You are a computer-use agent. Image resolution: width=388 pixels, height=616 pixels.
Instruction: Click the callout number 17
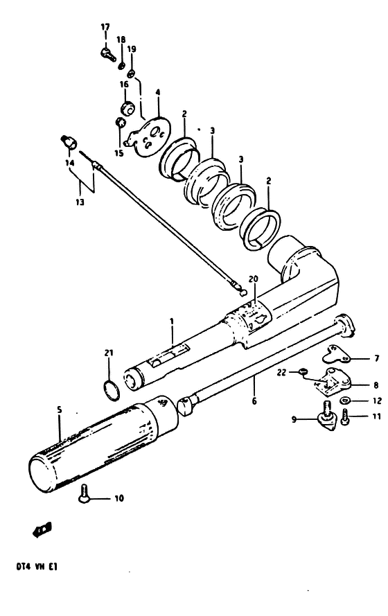click(105, 27)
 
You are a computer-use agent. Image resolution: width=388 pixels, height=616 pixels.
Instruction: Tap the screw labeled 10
click(84, 493)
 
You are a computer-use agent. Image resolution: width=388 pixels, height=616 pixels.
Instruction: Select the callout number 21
click(109, 353)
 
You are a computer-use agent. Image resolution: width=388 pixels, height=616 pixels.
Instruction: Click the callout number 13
click(80, 202)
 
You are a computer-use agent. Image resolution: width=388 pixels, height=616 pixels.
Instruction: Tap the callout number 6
click(254, 401)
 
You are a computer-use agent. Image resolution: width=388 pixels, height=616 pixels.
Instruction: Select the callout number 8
click(376, 385)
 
